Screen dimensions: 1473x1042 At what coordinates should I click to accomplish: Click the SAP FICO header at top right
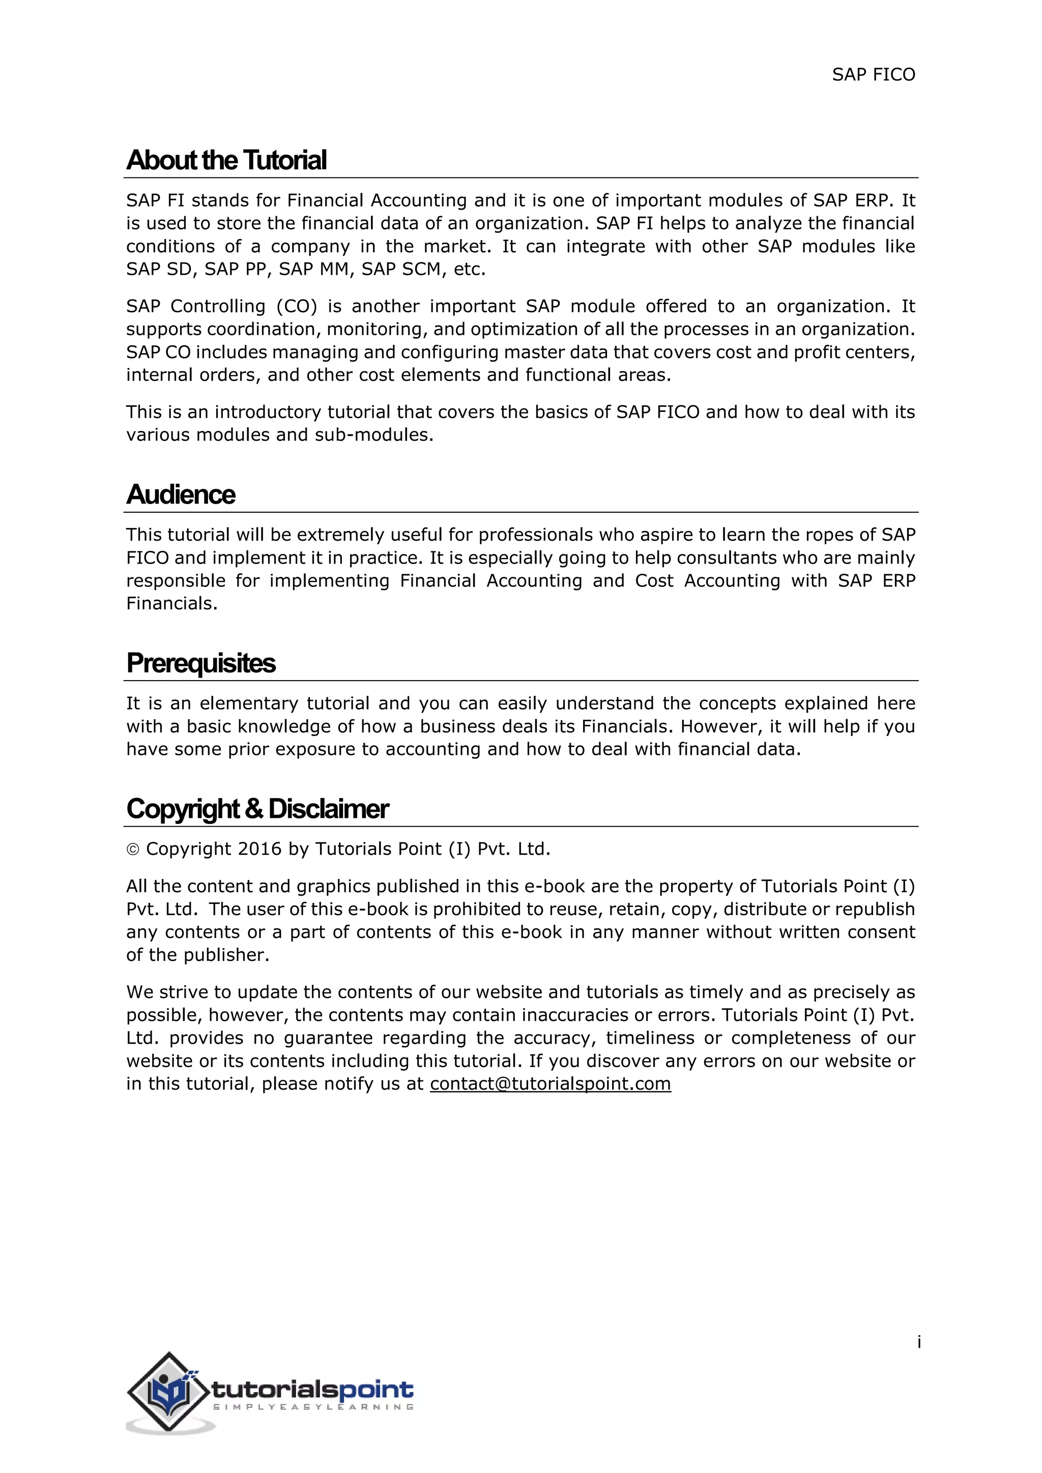(x=873, y=75)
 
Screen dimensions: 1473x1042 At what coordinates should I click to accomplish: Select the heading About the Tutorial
(x=226, y=160)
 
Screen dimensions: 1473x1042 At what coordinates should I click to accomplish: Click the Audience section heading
(x=181, y=494)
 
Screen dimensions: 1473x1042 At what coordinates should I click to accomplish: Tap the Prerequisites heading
(x=201, y=663)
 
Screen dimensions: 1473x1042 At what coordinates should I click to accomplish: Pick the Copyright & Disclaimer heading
(x=257, y=809)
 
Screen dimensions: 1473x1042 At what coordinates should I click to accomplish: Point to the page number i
(x=919, y=1342)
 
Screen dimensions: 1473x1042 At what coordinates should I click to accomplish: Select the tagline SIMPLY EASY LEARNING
(x=313, y=1407)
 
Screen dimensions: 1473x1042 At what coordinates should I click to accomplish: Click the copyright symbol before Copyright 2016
(x=133, y=850)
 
